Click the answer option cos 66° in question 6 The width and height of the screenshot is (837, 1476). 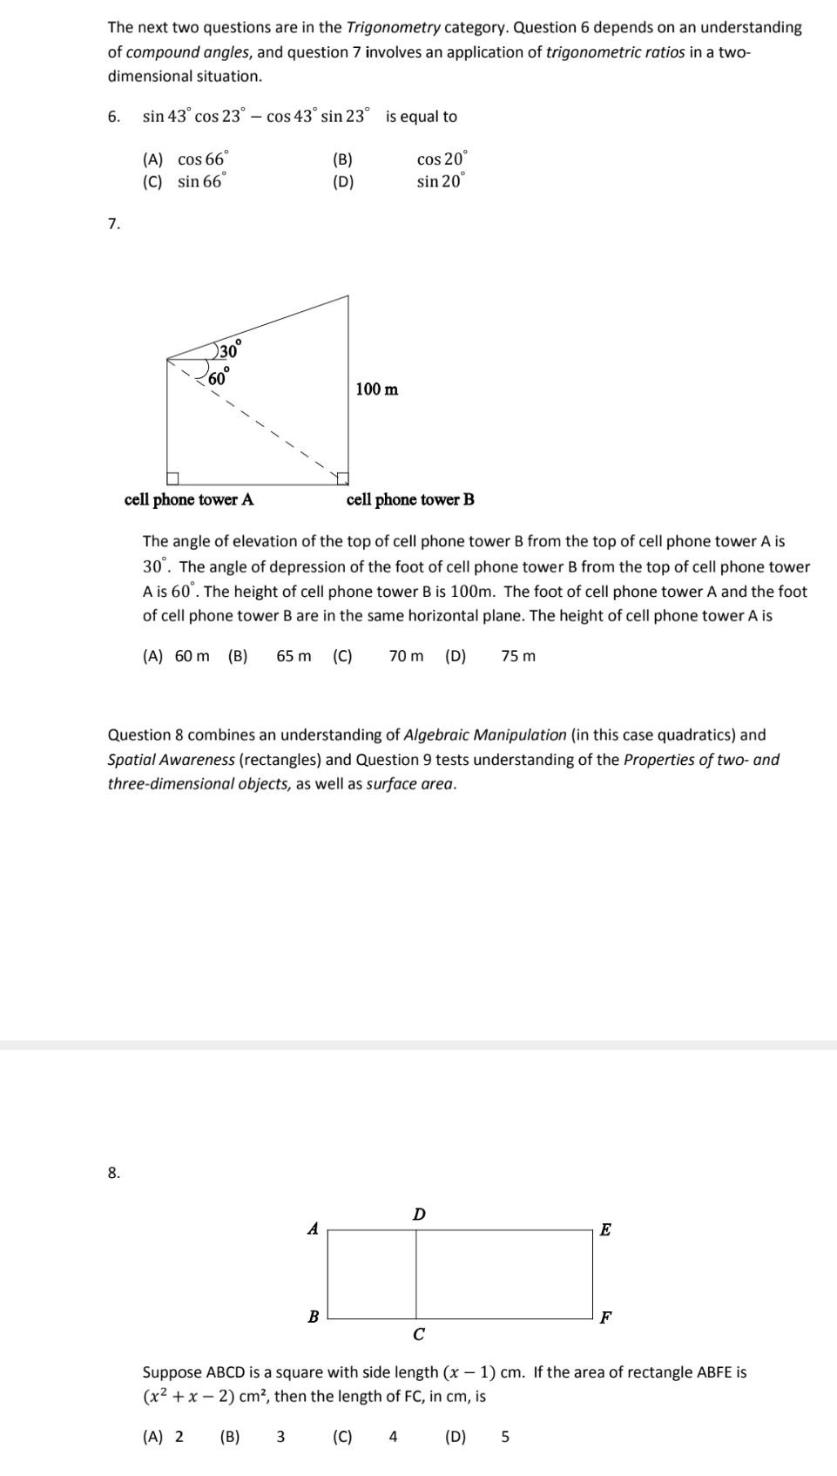pos(202,159)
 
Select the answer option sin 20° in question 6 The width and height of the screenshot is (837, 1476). pos(441,181)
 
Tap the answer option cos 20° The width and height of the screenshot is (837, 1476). pos(442,159)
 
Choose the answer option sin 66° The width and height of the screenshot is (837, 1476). pos(201,181)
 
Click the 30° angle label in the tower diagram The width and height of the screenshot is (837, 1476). pos(230,350)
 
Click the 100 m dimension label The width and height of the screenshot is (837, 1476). pos(377,389)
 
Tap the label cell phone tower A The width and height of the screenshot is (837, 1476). pos(189,499)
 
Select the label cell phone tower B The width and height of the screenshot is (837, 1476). pos(410,499)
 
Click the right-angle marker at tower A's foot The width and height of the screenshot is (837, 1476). pos(173,477)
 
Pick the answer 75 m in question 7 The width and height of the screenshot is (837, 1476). pos(518,656)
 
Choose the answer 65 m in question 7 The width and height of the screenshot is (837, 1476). pos(294,656)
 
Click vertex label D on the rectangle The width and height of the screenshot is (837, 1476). pos(419,1214)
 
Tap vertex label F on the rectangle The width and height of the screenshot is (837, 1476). pos(606,1317)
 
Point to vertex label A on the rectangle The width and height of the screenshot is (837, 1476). pos(313,1229)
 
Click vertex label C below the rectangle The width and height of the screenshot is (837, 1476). pos(419,1334)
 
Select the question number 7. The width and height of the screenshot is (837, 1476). pos(113,224)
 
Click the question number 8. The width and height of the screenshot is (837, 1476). pos(113,1173)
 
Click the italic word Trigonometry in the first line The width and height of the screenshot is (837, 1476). pos(394,27)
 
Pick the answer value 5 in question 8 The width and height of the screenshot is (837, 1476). pos(505,1437)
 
